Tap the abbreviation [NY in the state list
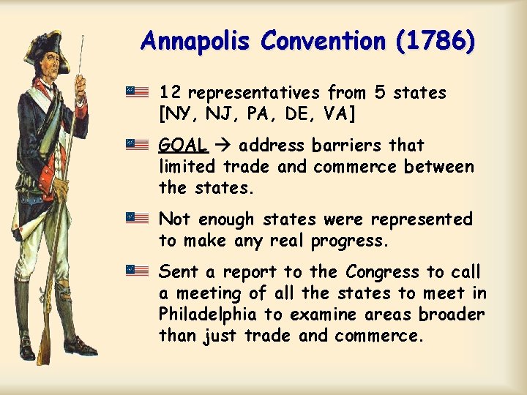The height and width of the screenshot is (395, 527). [x=177, y=114]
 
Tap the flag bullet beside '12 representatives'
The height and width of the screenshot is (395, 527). [x=137, y=92]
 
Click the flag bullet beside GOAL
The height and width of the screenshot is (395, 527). [x=137, y=144]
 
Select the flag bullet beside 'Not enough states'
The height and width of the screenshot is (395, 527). [x=137, y=218]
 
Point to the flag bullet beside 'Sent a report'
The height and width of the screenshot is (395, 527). [x=137, y=271]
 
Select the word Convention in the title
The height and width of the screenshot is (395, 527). [x=321, y=41]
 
